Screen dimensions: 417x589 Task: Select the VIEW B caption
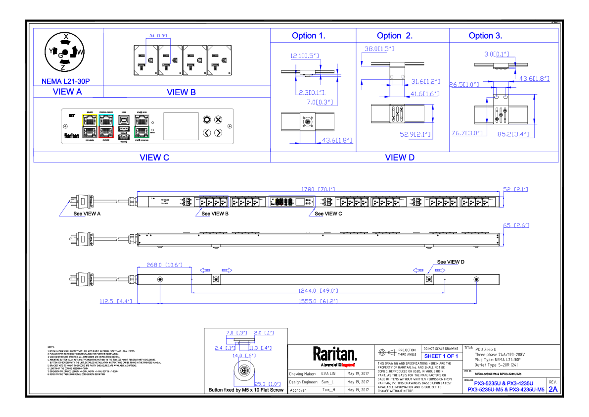tap(181, 92)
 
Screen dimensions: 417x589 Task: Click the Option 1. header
tap(308, 36)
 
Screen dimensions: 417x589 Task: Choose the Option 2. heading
tap(395, 36)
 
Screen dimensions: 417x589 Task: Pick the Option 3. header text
tap(485, 36)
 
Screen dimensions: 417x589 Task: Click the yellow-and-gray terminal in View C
tap(90, 126)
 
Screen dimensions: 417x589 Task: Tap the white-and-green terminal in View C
tap(142, 126)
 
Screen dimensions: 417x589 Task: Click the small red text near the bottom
tap(348, 365)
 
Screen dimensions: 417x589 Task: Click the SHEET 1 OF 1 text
tap(441, 356)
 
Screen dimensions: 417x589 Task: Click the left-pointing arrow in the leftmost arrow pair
tap(205, 270)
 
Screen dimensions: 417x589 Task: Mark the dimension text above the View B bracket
tap(158, 36)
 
